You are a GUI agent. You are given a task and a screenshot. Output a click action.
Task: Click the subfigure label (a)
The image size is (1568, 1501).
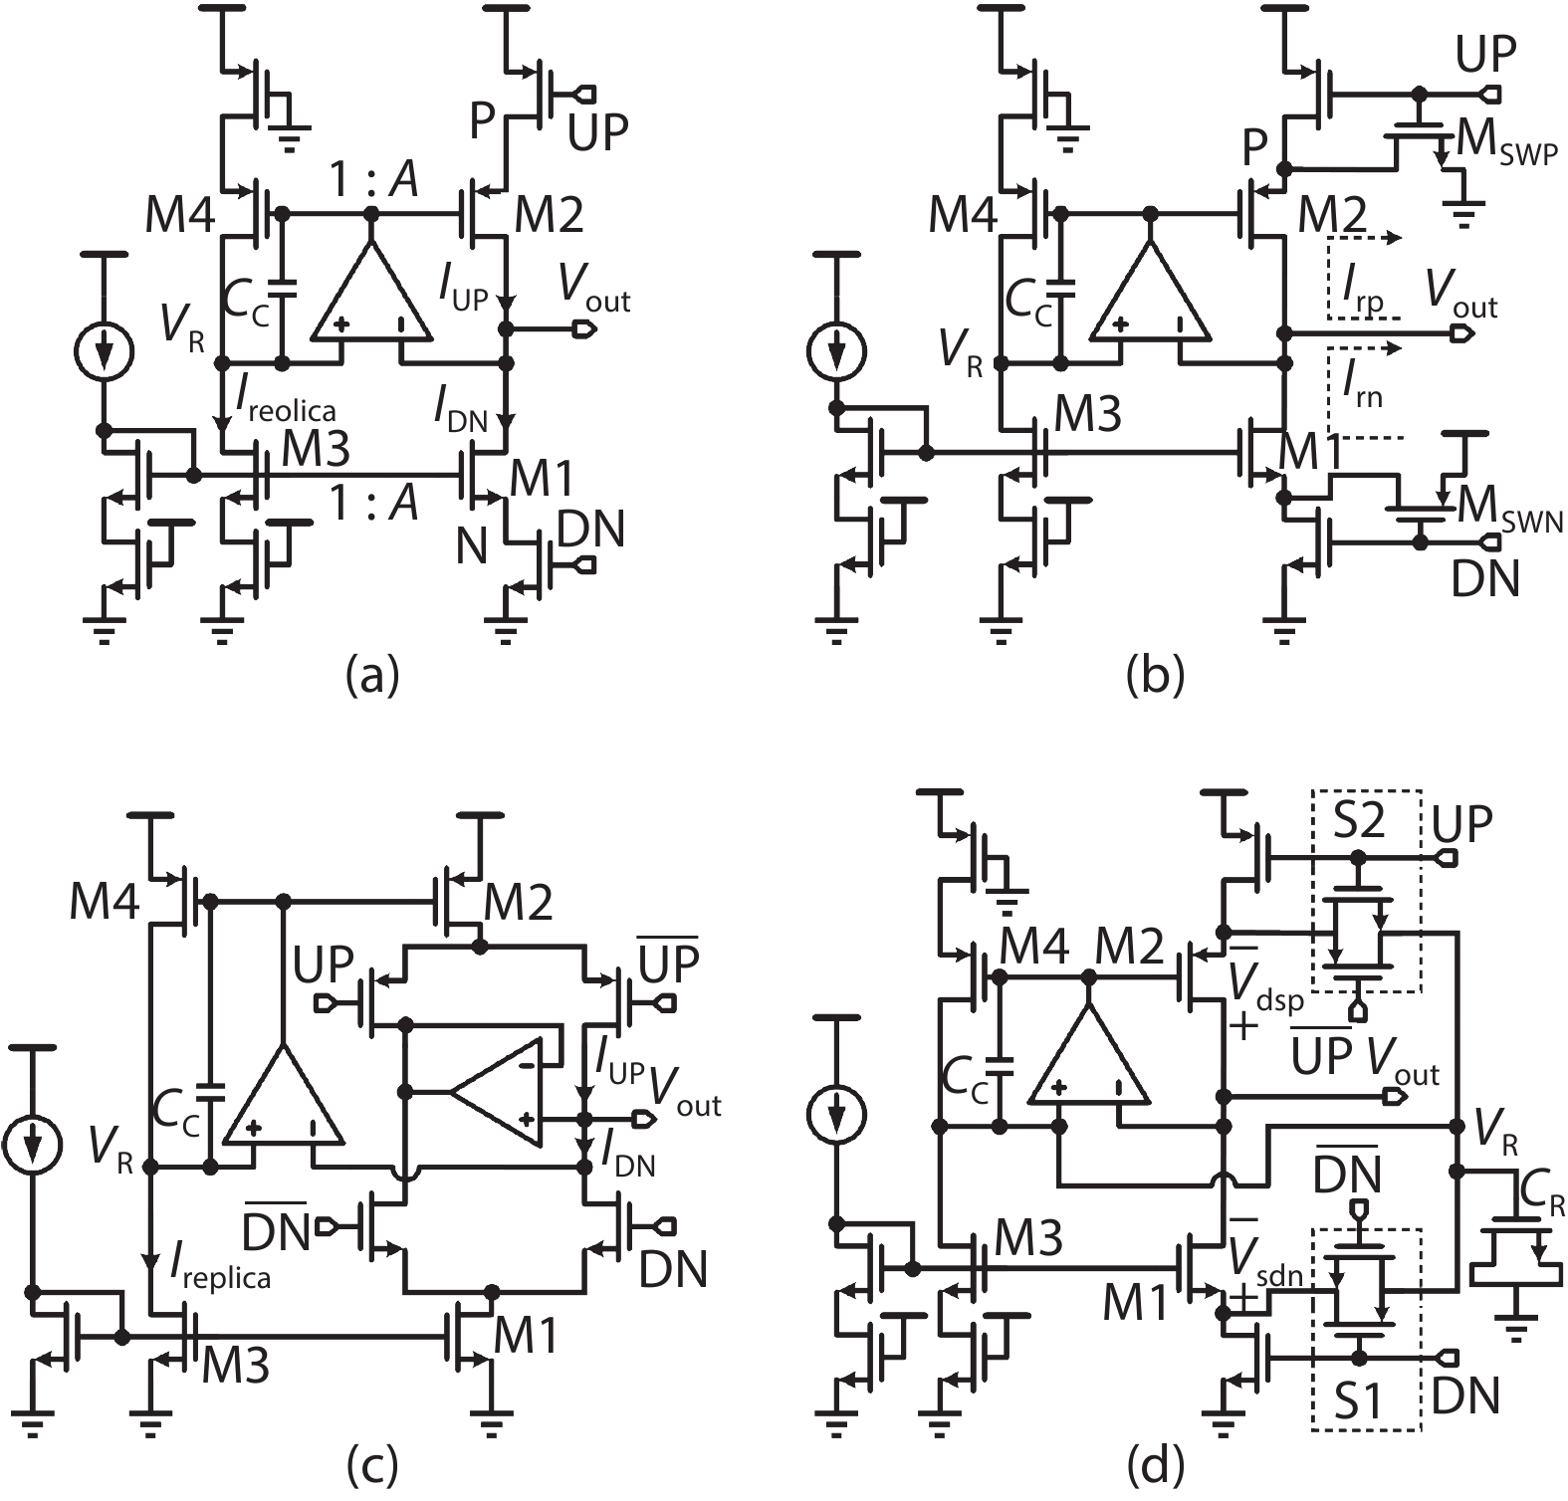371,677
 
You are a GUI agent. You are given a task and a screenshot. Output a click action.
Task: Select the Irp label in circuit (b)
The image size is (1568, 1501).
1363,295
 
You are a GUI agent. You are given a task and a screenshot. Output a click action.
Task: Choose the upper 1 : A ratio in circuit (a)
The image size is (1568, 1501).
373,182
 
